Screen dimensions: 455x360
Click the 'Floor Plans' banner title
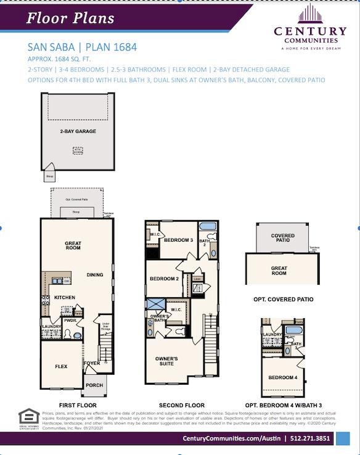(x=70, y=18)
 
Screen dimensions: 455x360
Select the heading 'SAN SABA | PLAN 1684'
(x=82, y=47)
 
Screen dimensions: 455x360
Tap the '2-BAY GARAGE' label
(x=78, y=131)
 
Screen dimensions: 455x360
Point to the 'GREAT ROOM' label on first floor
(x=73, y=247)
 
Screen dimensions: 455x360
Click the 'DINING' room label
(x=95, y=275)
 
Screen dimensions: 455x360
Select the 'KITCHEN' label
(x=65, y=297)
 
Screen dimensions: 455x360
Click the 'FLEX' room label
(x=61, y=366)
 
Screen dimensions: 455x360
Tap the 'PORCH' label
(x=94, y=385)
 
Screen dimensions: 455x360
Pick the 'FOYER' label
(x=91, y=363)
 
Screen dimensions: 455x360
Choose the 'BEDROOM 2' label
(x=164, y=279)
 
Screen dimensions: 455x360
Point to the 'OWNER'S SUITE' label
(x=166, y=361)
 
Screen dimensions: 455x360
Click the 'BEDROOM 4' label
(x=282, y=377)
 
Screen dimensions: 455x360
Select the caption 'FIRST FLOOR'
(x=78, y=405)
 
